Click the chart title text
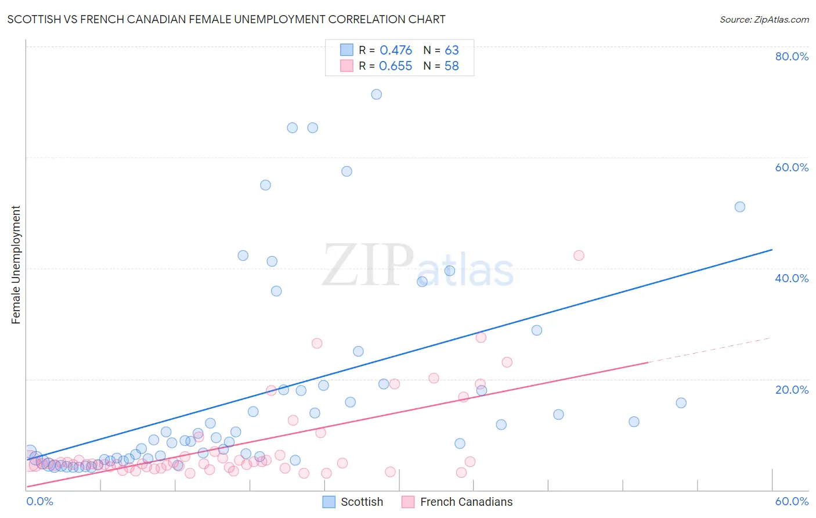[226, 19]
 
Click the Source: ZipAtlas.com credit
[764, 19]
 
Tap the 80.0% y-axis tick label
[792, 56]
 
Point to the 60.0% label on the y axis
[792, 167]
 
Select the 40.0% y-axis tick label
[792, 278]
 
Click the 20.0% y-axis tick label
[792, 389]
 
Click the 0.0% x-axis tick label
[39, 501]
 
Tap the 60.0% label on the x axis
[792, 501]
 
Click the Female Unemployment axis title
[16, 265]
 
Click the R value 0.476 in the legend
[395, 50]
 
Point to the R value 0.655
[395, 66]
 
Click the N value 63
[452, 50]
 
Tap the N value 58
[452, 66]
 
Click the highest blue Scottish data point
[377, 94]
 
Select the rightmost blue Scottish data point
[740, 207]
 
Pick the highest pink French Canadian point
[579, 256]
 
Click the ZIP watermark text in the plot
[368, 265]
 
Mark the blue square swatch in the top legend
[346, 50]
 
